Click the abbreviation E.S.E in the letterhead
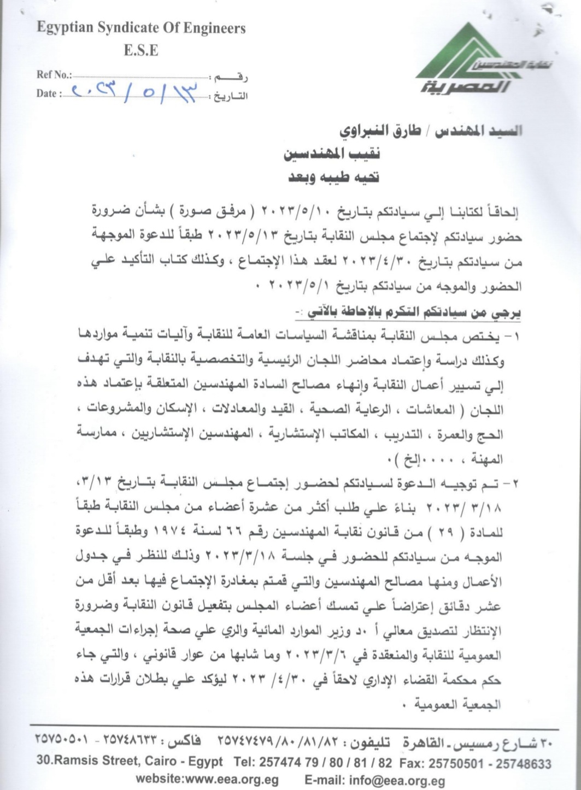141,51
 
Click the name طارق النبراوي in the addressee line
378,131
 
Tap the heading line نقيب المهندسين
331,155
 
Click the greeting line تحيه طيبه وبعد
332,178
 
